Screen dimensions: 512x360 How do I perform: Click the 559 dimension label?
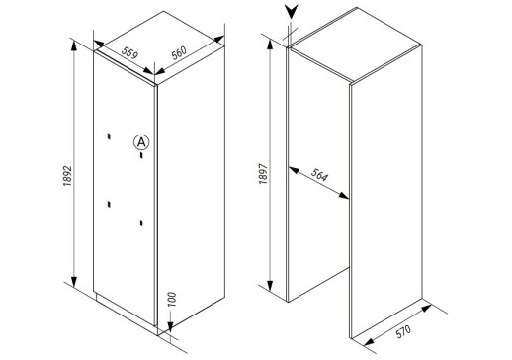pos(129,53)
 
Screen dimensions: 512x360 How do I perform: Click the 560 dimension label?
pos(179,52)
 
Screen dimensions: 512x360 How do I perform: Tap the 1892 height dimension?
pos(67,176)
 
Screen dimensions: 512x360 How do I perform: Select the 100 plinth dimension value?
pos(172,299)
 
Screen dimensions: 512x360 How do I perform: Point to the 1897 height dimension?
pos(263,174)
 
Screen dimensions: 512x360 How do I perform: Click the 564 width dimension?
pos(319,175)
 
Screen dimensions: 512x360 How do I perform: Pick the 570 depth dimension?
pos(403,331)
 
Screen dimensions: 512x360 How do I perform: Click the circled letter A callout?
pos(141,142)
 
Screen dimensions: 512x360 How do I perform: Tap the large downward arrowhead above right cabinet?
pos(292,12)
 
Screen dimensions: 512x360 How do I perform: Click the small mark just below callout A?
pos(141,155)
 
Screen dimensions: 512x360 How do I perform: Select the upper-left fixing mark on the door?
pos(109,136)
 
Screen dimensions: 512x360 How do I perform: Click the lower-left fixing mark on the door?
pos(109,205)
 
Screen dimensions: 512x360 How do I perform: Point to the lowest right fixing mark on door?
pos(141,224)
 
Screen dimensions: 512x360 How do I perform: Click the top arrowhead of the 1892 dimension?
pos(74,45)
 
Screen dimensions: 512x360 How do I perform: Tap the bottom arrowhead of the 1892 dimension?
pos(74,281)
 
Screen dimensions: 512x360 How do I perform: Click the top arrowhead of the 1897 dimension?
pos(270,45)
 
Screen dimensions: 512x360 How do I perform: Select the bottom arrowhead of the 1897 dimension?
pos(270,285)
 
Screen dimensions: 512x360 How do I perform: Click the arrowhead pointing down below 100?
pos(170,326)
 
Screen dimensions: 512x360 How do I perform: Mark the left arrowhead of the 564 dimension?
pos(294,170)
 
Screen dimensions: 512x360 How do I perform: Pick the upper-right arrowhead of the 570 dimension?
pos(426,309)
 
